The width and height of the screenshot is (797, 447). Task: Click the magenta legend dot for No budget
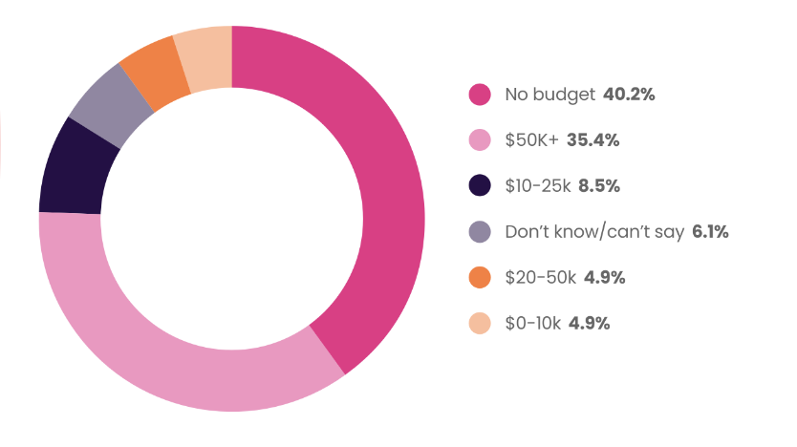coord(480,95)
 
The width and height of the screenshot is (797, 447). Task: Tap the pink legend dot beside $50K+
coord(480,140)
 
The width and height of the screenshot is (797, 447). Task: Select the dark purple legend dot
coord(480,186)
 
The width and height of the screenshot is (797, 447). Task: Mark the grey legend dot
coord(480,232)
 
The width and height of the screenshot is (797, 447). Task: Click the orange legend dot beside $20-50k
coord(480,278)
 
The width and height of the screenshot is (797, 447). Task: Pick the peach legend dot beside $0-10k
coord(480,324)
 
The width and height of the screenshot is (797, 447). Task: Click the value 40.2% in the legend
coord(629,95)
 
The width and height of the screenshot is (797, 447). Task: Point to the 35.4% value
coord(593,140)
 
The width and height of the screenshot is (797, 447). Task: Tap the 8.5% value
coord(599,186)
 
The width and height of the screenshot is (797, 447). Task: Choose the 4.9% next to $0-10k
coord(589,324)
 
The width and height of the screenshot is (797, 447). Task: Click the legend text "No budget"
coord(549,95)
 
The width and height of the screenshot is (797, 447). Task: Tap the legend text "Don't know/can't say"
coord(588,232)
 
